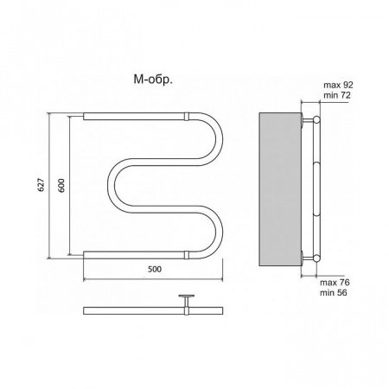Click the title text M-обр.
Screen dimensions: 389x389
click(153, 80)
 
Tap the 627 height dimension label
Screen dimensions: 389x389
click(41, 185)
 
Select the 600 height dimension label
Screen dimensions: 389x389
click(61, 185)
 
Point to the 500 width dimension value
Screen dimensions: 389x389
click(155, 269)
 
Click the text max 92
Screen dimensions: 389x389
click(338, 85)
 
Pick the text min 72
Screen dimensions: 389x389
click(337, 95)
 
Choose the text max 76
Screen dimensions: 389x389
click(335, 283)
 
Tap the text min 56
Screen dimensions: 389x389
click(334, 293)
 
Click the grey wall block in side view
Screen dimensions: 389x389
click(280, 189)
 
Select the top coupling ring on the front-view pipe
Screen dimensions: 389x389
click(187, 117)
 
